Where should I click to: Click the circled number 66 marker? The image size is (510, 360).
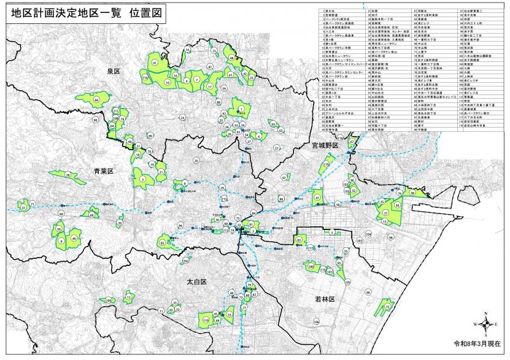click(x=97, y=99)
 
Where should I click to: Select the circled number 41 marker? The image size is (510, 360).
click(x=155, y=63)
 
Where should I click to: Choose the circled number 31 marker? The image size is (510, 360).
click(x=24, y=208)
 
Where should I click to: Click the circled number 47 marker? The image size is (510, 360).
click(x=317, y=198)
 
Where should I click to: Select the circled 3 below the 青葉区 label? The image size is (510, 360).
click(x=142, y=179)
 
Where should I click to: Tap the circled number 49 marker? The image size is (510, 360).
click(x=74, y=238)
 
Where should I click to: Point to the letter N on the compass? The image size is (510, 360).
click(x=485, y=315)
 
